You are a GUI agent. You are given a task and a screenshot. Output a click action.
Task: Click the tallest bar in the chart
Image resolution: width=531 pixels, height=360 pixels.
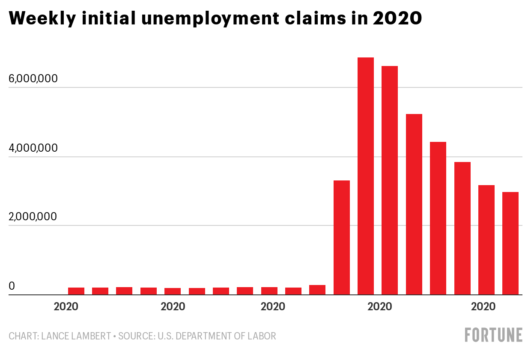[366, 176]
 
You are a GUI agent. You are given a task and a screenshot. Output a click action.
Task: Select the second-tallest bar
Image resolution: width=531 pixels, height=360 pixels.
[390, 180]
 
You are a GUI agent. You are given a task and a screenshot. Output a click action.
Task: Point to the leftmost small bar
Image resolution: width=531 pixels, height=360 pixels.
[76, 291]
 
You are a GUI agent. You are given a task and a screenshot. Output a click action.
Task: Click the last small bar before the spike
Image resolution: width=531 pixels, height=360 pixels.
[317, 290]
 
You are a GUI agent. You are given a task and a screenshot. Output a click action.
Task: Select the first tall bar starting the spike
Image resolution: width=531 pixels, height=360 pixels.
[342, 237]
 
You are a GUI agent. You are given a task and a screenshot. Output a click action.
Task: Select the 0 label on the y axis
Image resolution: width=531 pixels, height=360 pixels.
[12, 286]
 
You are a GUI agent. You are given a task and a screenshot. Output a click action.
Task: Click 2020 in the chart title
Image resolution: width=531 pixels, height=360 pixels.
[397, 18]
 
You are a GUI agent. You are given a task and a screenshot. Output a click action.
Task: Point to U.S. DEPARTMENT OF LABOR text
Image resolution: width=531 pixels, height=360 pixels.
[217, 336]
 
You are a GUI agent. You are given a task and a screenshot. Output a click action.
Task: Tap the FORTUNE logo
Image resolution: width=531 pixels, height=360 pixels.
[494, 335]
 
